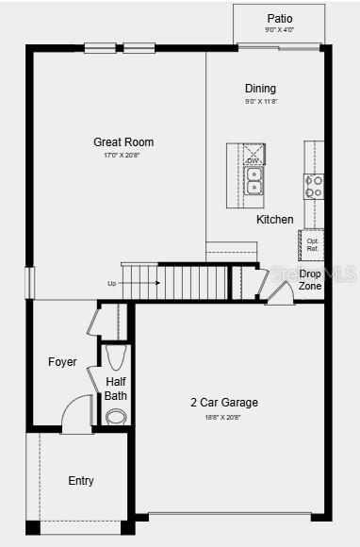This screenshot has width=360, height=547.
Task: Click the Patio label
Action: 279,18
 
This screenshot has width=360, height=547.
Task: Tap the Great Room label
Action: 123,142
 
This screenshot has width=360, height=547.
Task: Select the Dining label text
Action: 260,89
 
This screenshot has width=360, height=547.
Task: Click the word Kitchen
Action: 275,220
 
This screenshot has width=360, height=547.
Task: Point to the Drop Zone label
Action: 310,279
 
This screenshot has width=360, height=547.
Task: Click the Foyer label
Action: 62,362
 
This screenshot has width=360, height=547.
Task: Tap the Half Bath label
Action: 116,389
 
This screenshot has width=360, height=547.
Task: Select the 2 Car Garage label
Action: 224,403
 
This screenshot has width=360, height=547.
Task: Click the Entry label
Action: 81,481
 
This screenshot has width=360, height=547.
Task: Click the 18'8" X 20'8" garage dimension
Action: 224,417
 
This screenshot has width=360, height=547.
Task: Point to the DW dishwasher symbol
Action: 254,161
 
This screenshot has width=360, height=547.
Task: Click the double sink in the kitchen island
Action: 254,180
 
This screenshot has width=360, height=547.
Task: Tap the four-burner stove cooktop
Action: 314,186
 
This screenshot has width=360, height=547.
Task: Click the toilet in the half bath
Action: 116,356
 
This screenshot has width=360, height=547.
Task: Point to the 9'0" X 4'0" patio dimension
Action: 279,30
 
